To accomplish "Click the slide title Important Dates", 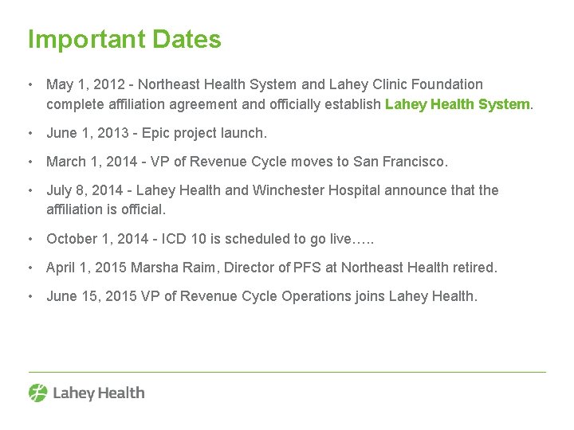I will tap(124, 39).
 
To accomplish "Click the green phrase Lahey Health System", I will tap(458, 104).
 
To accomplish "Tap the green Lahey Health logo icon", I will tap(38, 393).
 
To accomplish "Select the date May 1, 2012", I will tap(81, 84).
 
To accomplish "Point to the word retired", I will tap(474, 268).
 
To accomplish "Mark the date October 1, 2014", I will tap(99, 239).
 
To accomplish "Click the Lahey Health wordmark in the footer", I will tap(99, 393).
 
